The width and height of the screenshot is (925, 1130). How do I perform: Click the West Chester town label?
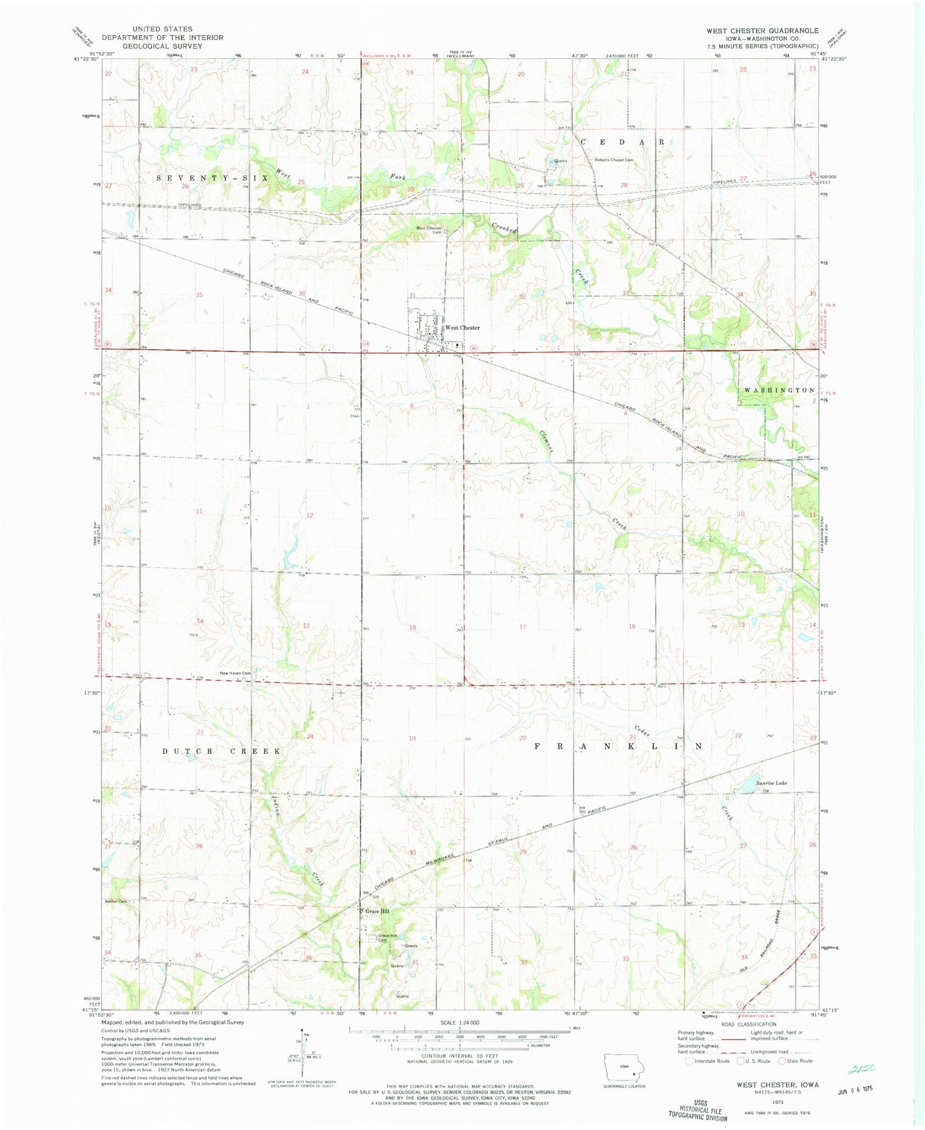point(462,328)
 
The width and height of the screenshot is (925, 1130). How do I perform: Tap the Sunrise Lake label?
point(771,783)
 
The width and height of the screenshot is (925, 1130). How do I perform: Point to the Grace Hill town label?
point(377,911)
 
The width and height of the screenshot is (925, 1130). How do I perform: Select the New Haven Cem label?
point(235,673)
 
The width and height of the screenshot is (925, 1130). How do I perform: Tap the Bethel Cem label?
point(116,901)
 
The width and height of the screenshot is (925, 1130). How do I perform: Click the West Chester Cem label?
point(429,229)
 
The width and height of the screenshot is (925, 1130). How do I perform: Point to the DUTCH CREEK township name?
point(221,751)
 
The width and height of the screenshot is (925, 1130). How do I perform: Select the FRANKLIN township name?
point(617,746)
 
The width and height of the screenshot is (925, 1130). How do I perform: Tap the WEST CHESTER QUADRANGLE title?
point(762,31)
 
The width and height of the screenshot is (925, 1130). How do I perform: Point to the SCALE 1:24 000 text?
point(460,1022)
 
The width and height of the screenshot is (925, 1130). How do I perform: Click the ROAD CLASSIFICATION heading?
point(748,1024)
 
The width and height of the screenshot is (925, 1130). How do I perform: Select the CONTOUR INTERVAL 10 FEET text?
point(460,1055)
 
